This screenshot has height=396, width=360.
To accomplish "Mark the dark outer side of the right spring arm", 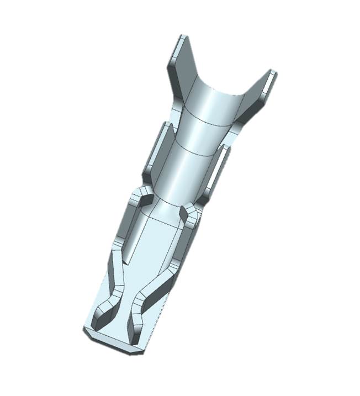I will coord(166,282).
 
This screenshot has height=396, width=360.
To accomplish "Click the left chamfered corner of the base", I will coord(86,331).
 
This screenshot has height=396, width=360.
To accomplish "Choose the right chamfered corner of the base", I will coord(139,350).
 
